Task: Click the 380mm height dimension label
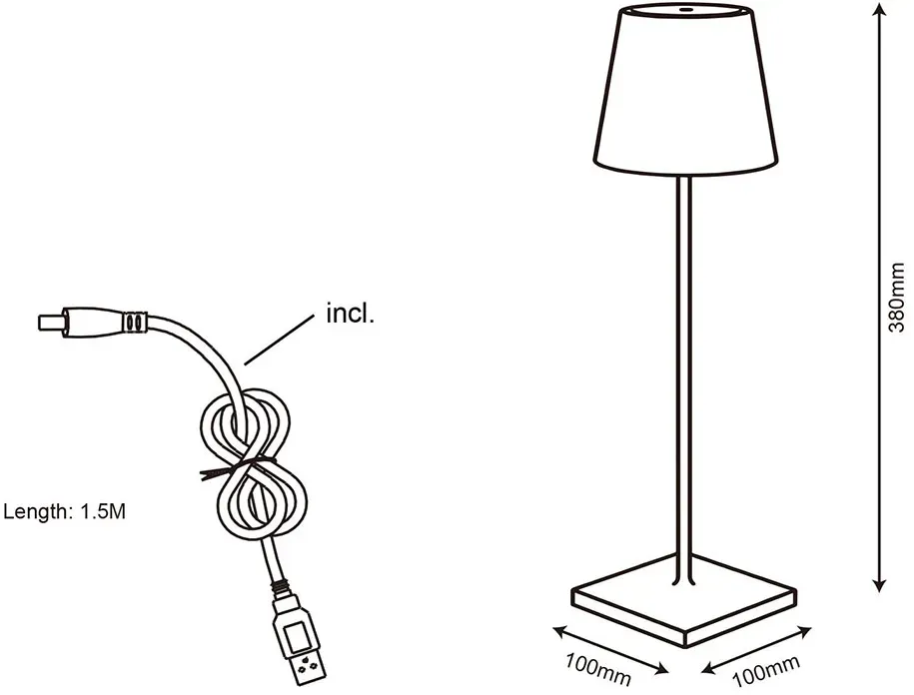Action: [896, 297]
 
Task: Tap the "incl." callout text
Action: [350, 314]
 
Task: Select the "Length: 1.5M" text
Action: [65, 511]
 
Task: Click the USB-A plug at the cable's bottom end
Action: [299, 639]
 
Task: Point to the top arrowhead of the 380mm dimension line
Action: [881, 9]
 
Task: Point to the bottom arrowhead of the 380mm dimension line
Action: [881, 584]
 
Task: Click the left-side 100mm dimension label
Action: [598, 668]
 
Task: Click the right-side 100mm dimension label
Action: [765, 671]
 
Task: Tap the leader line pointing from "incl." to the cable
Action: [279, 341]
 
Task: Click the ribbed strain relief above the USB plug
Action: [282, 586]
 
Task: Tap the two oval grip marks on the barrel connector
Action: [134, 323]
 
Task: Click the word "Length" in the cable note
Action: [36, 512]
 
